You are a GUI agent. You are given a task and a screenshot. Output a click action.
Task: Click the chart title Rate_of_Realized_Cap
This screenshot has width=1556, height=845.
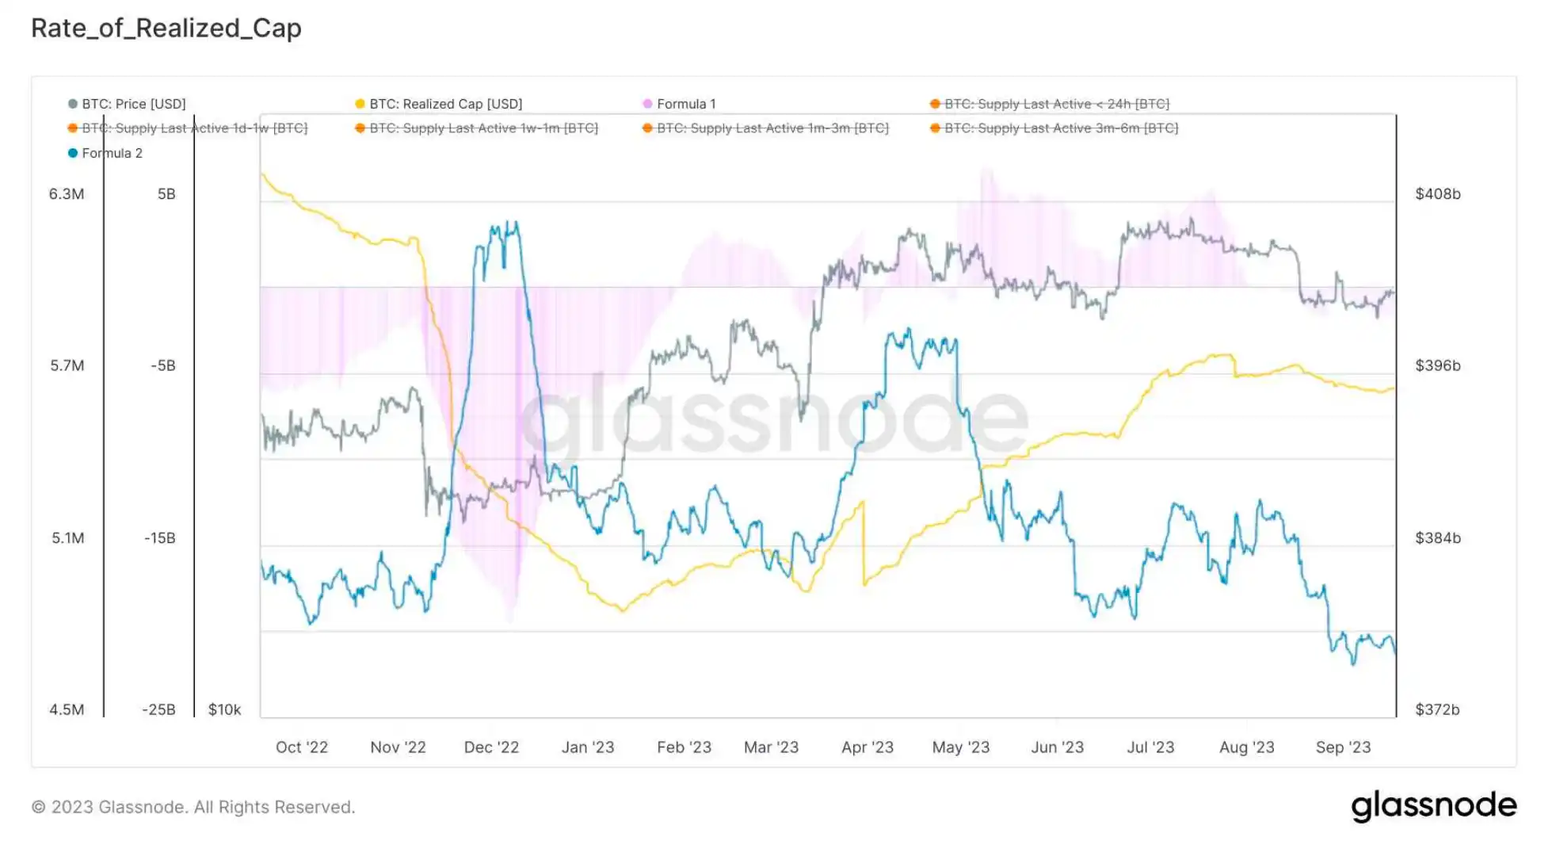click(x=166, y=29)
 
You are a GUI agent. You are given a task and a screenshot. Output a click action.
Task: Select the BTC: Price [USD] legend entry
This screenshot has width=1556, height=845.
click(x=133, y=104)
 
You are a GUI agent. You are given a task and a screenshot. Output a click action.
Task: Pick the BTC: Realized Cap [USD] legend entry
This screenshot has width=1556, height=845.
click(x=445, y=104)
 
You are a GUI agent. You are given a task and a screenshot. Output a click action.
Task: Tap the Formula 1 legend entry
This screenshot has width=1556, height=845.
click(x=685, y=104)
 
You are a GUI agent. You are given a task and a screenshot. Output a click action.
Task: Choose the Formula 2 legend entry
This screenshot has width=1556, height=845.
click(x=112, y=153)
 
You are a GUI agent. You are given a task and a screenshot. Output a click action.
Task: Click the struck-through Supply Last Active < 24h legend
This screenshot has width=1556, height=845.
click(x=1056, y=104)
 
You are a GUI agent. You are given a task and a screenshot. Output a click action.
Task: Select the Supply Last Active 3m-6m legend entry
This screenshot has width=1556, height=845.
click(x=1061, y=128)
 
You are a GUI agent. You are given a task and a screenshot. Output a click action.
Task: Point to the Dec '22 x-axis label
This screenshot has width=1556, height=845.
click(x=491, y=747)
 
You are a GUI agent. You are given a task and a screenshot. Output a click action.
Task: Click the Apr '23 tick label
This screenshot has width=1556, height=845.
click(x=867, y=747)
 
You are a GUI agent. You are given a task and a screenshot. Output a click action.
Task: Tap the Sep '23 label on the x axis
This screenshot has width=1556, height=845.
click(x=1343, y=747)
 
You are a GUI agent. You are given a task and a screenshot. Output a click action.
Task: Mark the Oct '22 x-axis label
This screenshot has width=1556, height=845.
click(x=301, y=747)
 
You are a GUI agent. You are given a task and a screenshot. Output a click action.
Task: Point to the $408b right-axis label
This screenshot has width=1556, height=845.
click(x=1437, y=194)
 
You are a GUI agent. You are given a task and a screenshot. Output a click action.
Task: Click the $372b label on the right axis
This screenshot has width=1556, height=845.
click(x=1437, y=709)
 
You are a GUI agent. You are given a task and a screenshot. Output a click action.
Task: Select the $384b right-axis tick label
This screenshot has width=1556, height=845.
click(x=1437, y=538)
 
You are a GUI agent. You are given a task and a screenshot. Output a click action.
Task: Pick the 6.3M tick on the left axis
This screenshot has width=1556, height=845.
click(x=67, y=194)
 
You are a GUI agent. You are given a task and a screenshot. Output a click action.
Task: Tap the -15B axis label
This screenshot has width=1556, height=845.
click(x=160, y=538)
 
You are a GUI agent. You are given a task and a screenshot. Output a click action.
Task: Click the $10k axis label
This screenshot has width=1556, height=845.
click(x=224, y=709)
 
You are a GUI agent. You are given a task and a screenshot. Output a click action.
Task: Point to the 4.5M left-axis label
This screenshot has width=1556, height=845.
click(x=67, y=709)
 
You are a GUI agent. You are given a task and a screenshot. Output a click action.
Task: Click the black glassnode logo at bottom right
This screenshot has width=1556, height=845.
click(x=1433, y=806)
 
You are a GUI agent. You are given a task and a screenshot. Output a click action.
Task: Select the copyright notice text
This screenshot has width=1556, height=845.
click(x=193, y=807)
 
